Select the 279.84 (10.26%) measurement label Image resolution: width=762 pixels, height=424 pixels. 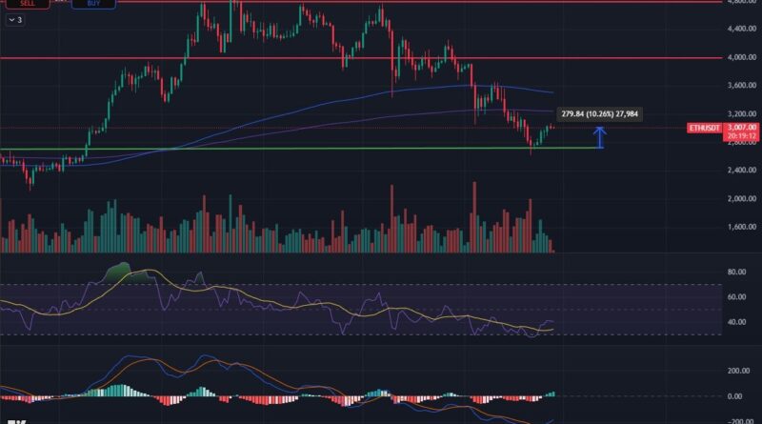tap(599, 114)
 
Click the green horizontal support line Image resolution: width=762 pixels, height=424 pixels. tap(286, 148)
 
